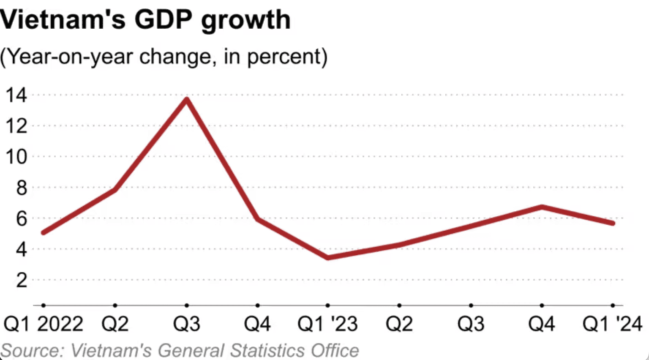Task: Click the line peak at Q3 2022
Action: pos(187,99)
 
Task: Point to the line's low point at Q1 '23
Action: pos(328,257)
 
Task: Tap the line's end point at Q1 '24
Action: pos(613,223)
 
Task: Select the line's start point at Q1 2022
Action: pos(44,232)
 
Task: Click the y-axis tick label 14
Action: pos(16,95)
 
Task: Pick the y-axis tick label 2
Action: pos(22,280)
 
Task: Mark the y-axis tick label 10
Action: pos(16,157)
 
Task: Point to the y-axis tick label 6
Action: pos(22,218)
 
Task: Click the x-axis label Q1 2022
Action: pos(43,325)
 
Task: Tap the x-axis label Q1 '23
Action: pos(327,325)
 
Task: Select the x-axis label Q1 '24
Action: pos(612,325)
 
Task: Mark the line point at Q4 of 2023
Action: pos(542,207)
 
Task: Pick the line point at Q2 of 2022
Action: pos(115,190)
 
